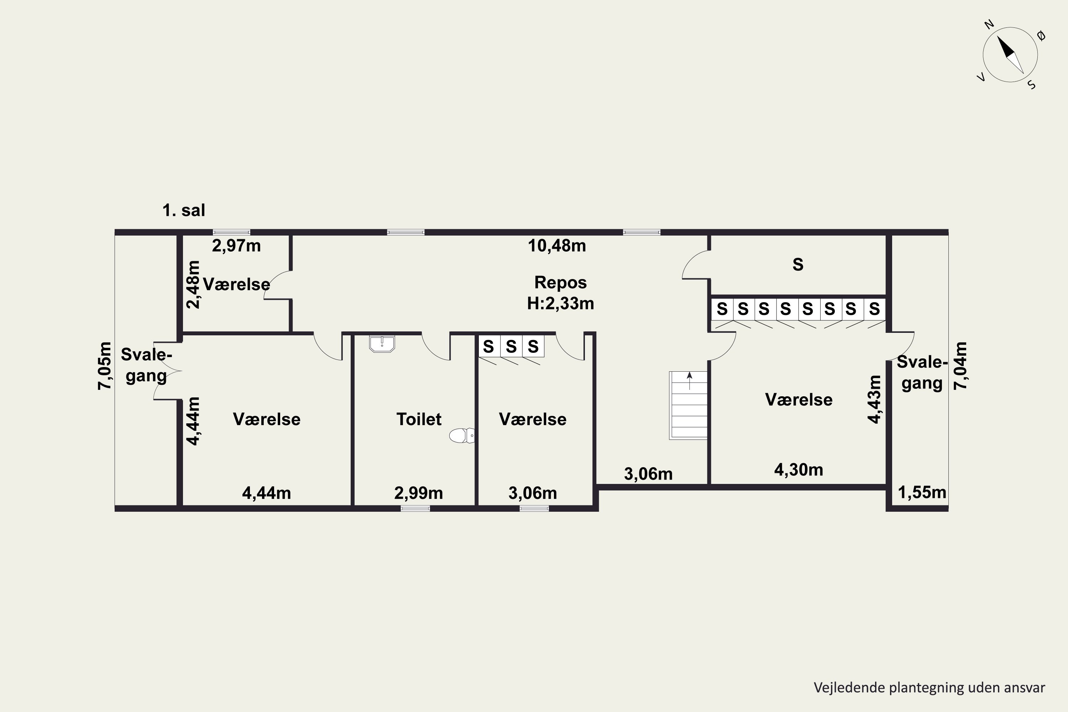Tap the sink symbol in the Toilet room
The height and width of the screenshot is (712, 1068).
coord(382,344)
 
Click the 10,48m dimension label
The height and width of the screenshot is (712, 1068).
coord(557,246)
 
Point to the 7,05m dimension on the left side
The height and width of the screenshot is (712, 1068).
coord(104,366)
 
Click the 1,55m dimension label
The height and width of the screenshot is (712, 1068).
coord(922,492)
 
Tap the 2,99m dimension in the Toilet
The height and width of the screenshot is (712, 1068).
coord(418,493)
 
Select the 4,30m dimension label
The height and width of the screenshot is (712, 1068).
coord(798,470)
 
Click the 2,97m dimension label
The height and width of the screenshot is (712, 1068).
coord(236,246)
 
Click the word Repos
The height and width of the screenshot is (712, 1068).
coord(560,282)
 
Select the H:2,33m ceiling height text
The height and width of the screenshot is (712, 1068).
coord(560,303)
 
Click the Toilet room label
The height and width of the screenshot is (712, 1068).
coord(419,419)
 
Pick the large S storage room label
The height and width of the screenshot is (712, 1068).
coord(798,264)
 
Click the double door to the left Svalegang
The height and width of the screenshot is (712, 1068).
coord(167,371)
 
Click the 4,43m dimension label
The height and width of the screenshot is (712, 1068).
coord(874,399)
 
